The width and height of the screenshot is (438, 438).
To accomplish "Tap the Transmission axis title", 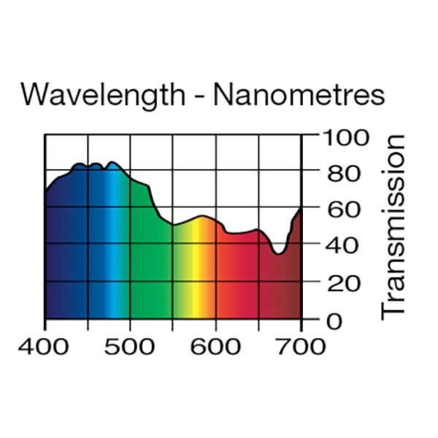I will coord(393,226).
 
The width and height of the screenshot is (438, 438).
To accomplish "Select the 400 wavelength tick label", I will coord(46,345).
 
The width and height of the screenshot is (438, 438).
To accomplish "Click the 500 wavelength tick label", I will coord(130,345).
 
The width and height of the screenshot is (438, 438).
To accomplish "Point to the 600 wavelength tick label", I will coord(216,345).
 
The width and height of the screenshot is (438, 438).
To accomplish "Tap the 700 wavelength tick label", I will coord(301,345).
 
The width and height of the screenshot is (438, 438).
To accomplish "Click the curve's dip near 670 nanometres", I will coord(277,253).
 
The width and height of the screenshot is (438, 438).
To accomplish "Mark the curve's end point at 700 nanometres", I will coord(301,208).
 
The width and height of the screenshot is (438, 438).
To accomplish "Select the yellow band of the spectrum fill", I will coord(196,277).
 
